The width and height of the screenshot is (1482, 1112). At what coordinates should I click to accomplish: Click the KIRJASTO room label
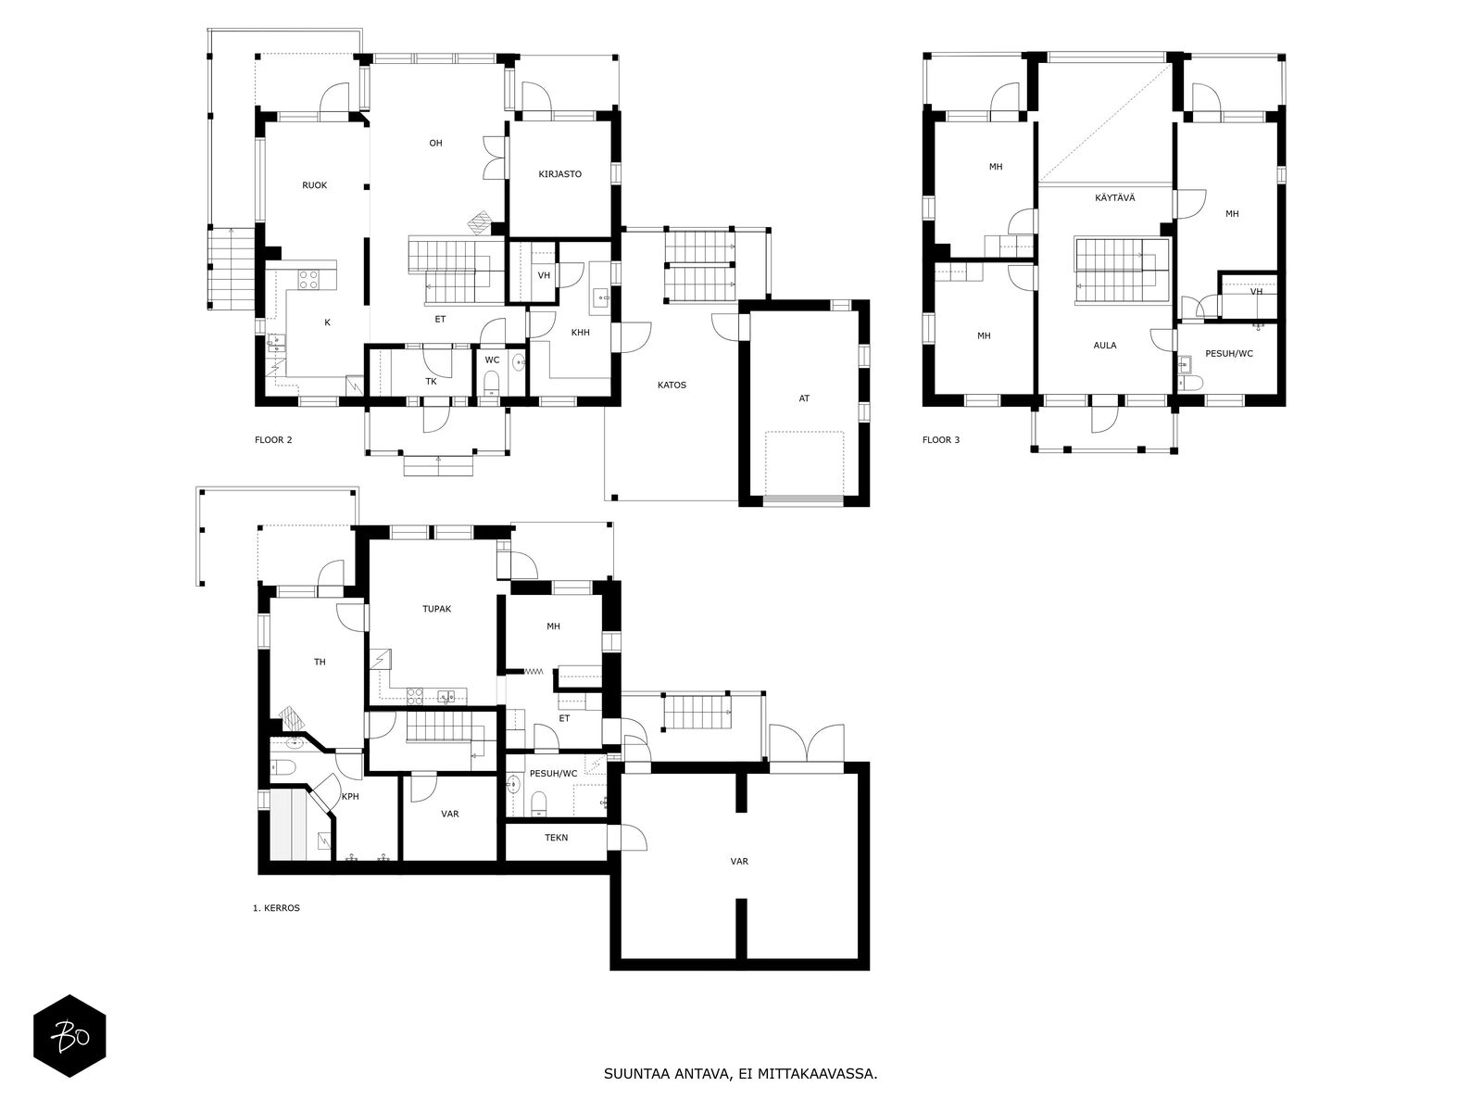(559, 174)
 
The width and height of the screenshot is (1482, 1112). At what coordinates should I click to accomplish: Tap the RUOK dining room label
(314, 185)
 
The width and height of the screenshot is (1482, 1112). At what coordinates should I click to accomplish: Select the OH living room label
(435, 143)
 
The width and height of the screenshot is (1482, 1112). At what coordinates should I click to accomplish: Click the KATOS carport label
(672, 385)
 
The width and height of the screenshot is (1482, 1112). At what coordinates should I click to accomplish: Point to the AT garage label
(804, 398)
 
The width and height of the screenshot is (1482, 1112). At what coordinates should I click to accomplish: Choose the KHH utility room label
(580, 333)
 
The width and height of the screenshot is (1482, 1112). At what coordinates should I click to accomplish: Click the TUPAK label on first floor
(436, 609)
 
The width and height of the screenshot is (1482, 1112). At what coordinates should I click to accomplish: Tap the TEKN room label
(557, 838)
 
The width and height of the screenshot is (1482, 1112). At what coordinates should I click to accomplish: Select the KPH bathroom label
(350, 797)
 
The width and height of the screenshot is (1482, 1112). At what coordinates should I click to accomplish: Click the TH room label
(320, 662)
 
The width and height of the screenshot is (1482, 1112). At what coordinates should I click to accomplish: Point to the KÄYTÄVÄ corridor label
(1115, 197)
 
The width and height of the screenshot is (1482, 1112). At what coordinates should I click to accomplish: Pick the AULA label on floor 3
(1104, 346)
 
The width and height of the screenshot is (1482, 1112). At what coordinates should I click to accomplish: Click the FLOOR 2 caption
(273, 440)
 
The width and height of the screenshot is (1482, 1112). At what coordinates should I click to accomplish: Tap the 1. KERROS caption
(276, 908)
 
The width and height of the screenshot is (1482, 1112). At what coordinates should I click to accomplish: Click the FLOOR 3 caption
(940, 440)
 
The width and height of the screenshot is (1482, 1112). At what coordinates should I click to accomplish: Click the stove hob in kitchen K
(308, 275)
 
